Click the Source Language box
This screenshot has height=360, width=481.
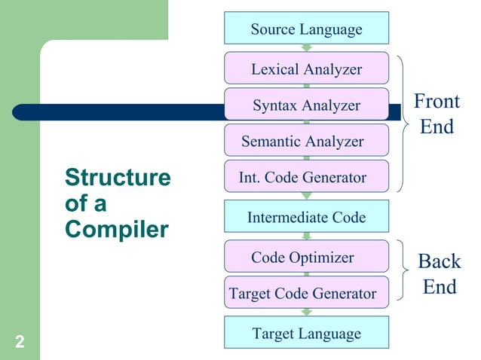pos(306,29)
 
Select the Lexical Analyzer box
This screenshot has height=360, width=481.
pos(306,69)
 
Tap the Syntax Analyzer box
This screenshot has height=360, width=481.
pos(306,105)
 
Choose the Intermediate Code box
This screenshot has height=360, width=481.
pos(306,218)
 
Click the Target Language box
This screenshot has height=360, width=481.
pos(306,333)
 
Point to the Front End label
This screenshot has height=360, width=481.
pos(437,114)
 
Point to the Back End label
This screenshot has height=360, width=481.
pos(439,274)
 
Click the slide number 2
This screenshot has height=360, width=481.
pos(20,344)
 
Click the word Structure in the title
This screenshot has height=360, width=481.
pos(118,178)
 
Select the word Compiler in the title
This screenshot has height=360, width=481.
pos(117,229)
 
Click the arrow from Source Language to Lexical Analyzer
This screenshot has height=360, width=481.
pos(306,48)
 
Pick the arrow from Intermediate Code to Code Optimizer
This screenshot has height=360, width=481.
pos(306,236)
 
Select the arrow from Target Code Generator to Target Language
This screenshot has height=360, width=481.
pos(306,313)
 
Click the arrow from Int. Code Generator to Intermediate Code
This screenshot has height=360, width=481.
pos(306,197)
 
